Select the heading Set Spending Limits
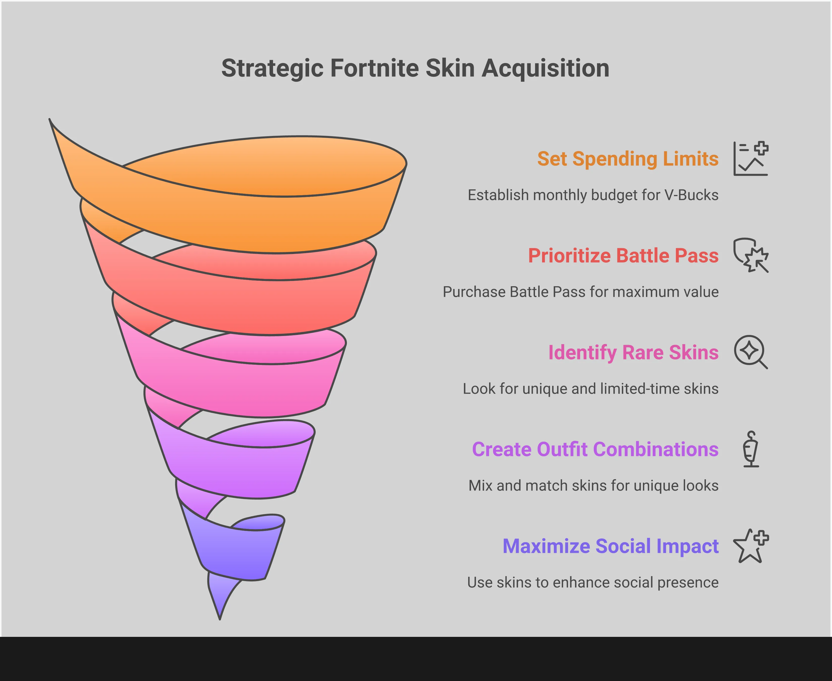(x=628, y=159)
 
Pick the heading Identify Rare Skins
(x=633, y=353)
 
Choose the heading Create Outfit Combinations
(x=595, y=449)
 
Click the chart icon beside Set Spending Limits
(x=751, y=158)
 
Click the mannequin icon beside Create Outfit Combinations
(x=751, y=449)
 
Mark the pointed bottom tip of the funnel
(x=220, y=619)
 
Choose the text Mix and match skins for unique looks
(x=593, y=486)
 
